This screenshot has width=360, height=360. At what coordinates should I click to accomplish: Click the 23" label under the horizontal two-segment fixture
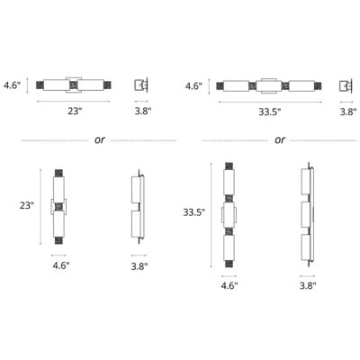75,112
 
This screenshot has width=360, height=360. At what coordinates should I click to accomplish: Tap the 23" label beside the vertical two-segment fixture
26,205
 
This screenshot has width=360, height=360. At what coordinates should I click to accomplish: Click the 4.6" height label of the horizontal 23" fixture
13,87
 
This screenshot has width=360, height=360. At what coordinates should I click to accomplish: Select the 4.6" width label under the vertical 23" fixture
59,267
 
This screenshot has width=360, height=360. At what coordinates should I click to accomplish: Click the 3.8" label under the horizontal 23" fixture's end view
141,112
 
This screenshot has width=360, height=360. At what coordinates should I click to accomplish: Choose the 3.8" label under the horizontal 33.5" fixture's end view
346,112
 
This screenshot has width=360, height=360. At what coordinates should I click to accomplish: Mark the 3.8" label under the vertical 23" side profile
139,267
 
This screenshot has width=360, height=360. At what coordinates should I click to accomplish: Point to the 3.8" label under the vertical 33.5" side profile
307,285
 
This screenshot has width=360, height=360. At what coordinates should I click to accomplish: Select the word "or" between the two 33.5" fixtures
279,139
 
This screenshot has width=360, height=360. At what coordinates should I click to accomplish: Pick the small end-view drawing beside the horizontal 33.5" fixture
346,86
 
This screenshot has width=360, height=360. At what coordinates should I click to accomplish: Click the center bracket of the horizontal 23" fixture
75,86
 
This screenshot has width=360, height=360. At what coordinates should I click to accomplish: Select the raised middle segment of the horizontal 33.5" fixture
268,86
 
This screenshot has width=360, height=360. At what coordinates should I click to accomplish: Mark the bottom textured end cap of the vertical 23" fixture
59,240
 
